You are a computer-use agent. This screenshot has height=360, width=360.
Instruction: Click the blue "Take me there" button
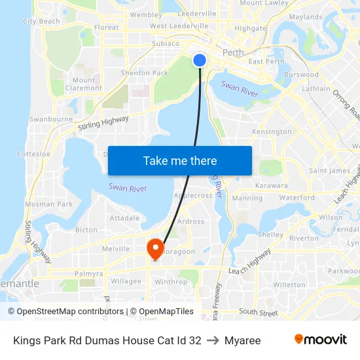coord(180,160)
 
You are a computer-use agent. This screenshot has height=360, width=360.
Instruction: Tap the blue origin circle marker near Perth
coord(200,60)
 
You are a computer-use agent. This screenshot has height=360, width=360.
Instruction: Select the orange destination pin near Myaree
coord(155,248)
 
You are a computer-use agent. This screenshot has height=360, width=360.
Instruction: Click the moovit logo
coord(320,340)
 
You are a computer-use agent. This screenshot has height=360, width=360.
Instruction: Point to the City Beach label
coord(41,21)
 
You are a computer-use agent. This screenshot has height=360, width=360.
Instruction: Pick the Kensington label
coord(272,132)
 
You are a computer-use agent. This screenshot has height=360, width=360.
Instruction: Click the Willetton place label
coord(289,285)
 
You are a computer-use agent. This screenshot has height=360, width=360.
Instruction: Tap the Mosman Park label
coord(49,204)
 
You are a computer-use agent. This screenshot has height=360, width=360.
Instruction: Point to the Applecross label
coord(193,195)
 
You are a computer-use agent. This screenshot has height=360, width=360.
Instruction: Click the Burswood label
coord(302,75)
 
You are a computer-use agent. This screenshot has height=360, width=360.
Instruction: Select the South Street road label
coord(259,313)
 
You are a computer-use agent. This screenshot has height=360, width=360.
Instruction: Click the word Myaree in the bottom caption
coord(242,340)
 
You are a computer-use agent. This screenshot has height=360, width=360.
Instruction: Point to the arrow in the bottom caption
coord(213,340)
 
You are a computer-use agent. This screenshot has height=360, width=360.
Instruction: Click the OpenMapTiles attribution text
coord(162,312)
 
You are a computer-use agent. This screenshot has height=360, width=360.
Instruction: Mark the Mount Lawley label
coord(264,3)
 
